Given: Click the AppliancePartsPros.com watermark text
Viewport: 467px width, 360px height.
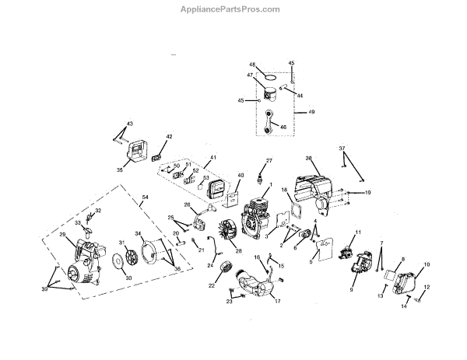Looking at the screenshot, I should (x=233, y=9).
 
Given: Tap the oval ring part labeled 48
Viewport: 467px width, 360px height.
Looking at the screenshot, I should (x=268, y=77).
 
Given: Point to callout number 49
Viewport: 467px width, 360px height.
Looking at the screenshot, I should (x=311, y=112).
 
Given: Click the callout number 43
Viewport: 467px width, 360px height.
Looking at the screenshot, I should (x=129, y=124).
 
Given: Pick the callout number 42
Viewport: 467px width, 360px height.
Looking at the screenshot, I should (x=169, y=137).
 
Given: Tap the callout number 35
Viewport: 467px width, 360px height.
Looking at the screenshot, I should (x=119, y=169).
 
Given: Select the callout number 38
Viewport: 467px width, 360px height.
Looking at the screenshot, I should (x=309, y=159).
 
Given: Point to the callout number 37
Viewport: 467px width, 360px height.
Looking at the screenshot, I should (x=341, y=148).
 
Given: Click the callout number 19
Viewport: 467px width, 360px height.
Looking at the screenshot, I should (x=368, y=192).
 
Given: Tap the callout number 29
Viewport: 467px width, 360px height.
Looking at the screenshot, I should (x=62, y=234).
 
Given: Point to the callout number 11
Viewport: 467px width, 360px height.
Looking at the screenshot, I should (x=359, y=232).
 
